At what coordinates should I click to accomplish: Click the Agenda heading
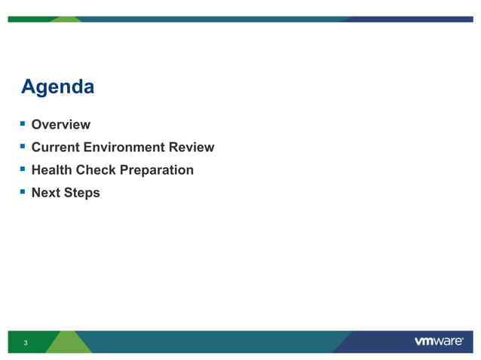[57, 87]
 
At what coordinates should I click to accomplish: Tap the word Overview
[60, 125]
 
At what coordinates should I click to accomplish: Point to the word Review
[194, 148]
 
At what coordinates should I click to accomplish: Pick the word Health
[52, 170]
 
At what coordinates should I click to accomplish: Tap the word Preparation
[155, 171]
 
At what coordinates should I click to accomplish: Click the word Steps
[82, 194]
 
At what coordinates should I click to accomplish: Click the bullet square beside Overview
[24, 123]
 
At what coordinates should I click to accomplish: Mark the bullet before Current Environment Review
[24, 145]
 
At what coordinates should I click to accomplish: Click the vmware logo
[439, 342]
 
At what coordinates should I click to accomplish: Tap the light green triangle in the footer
[68, 343]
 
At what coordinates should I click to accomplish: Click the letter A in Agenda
[29, 87]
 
